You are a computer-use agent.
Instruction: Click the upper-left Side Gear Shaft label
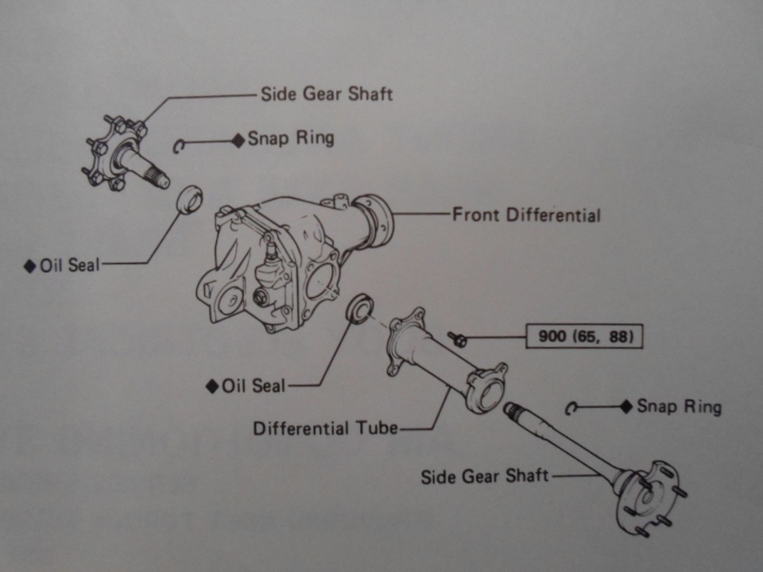click(326, 94)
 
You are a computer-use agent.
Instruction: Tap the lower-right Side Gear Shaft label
click(484, 476)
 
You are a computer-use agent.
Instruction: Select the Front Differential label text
click(526, 214)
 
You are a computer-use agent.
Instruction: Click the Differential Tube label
click(325, 428)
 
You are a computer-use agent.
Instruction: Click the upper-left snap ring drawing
click(180, 144)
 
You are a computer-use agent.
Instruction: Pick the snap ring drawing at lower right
click(570, 408)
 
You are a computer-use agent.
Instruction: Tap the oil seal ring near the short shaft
click(188, 198)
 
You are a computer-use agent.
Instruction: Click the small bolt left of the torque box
click(457, 339)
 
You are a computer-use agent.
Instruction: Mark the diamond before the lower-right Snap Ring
click(626, 406)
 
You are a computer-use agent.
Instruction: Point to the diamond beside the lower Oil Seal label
click(212, 386)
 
